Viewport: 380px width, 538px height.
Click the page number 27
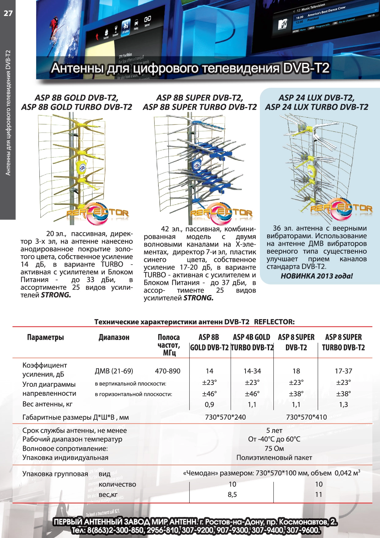8,13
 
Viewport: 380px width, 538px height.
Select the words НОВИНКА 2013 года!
317,276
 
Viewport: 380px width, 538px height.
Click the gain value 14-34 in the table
252,371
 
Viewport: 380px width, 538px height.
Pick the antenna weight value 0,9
209,405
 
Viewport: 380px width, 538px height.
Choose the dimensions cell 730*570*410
306,417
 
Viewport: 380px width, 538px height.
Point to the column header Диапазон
114,337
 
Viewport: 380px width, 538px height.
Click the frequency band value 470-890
168,371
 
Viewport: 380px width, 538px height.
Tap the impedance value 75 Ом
274,448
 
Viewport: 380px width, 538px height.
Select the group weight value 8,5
232,494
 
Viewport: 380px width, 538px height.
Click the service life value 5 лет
274,431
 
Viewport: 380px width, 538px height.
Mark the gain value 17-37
343,371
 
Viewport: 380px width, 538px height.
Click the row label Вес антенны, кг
47,404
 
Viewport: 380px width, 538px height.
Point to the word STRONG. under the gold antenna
56,295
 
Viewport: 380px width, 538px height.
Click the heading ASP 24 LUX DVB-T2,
316,98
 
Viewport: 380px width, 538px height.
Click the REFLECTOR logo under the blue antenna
221,213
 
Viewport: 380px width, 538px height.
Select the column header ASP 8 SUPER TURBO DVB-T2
343,342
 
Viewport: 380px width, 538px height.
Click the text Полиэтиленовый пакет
274,458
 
